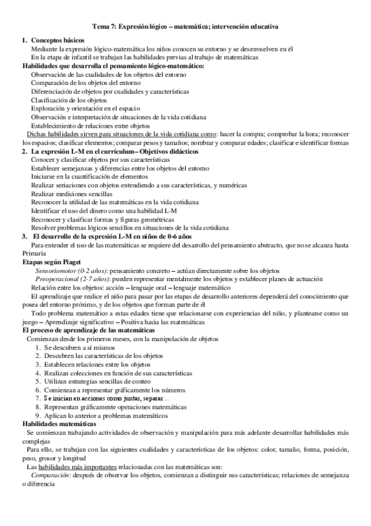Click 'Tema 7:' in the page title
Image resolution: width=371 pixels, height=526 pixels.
tap(103, 27)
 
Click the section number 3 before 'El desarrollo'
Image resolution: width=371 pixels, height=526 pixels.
tap(24, 236)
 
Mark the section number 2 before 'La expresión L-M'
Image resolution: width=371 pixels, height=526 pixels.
tap(24, 151)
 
